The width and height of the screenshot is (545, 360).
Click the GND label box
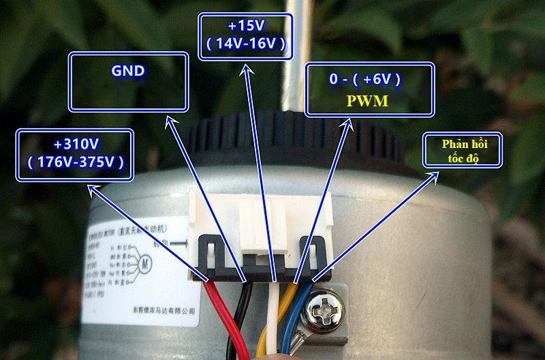pyautogui.click(x=128, y=82)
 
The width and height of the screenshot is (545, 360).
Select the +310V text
pyautogui.click(x=76, y=145)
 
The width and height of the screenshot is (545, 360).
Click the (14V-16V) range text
pyautogui.click(x=246, y=44)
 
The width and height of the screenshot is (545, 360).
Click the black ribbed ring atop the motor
pyautogui.click(x=293, y=136)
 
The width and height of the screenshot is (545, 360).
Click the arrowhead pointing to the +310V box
pyautogui.click(x=90, y=183)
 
